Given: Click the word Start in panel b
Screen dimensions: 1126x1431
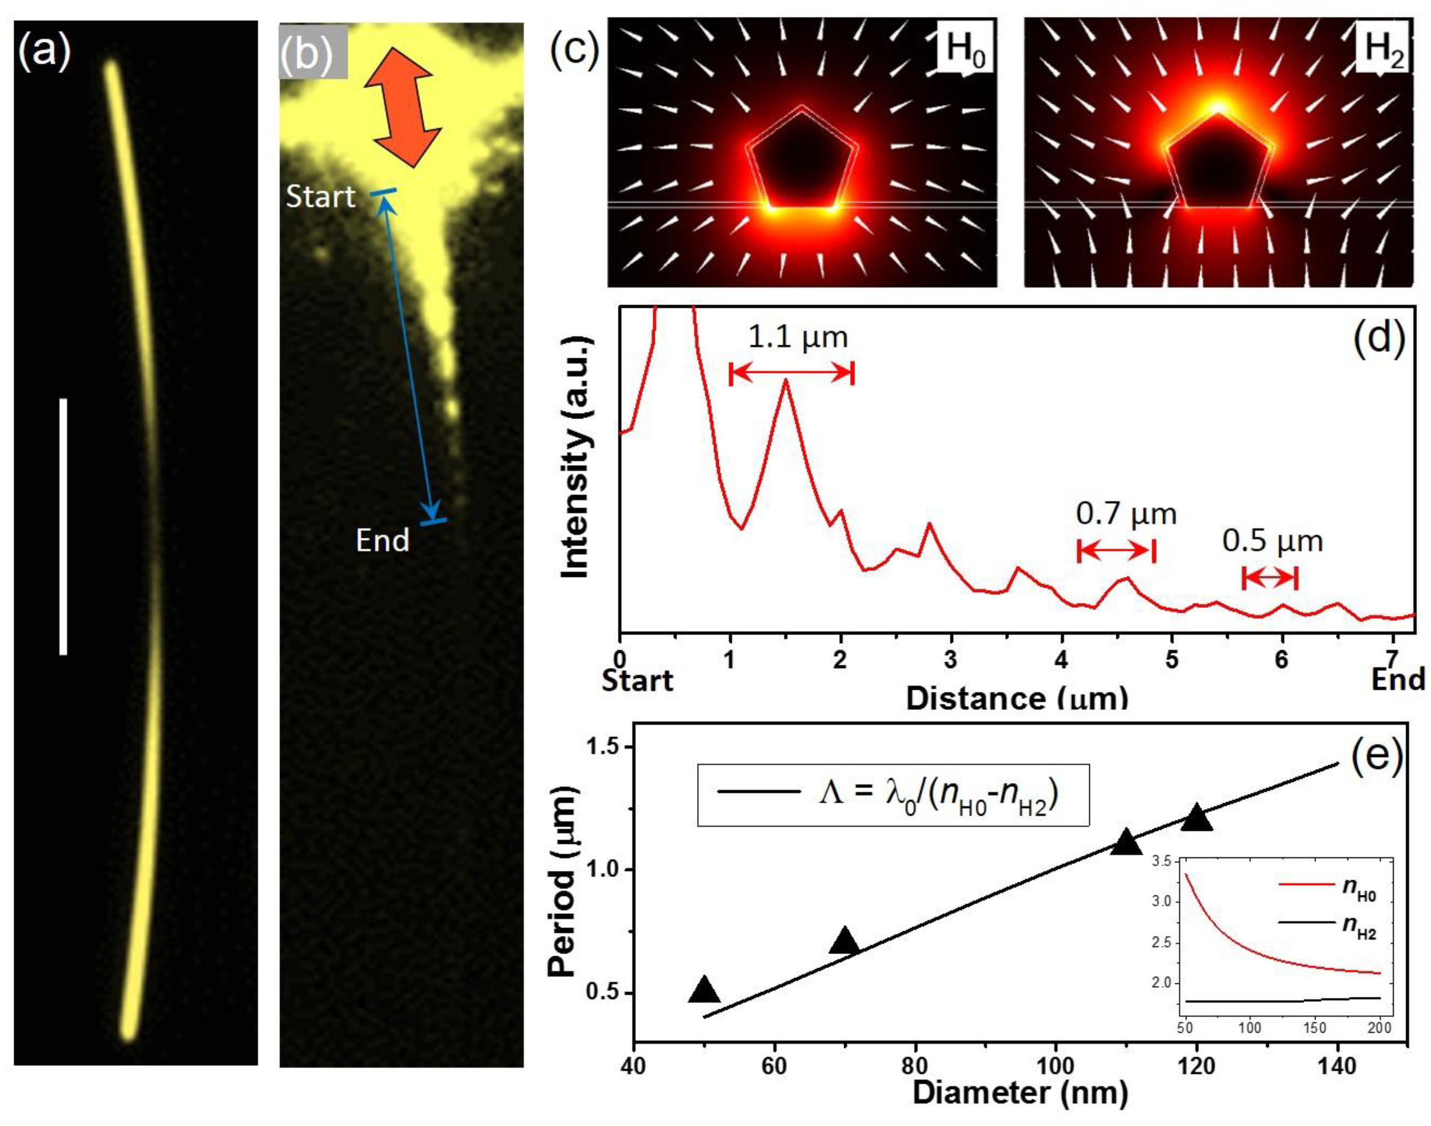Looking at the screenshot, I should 320,197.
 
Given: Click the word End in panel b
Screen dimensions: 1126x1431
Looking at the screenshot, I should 383,540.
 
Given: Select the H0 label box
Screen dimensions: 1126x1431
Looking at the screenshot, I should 965,50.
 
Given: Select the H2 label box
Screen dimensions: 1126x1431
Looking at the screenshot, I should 1382,50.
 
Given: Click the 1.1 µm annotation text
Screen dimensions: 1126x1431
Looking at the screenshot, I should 798,337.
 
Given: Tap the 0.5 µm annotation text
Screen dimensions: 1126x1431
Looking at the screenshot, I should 1273,541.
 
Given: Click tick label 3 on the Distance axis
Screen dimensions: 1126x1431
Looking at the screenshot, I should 950,660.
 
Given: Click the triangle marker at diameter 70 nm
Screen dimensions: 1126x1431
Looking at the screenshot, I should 844,941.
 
